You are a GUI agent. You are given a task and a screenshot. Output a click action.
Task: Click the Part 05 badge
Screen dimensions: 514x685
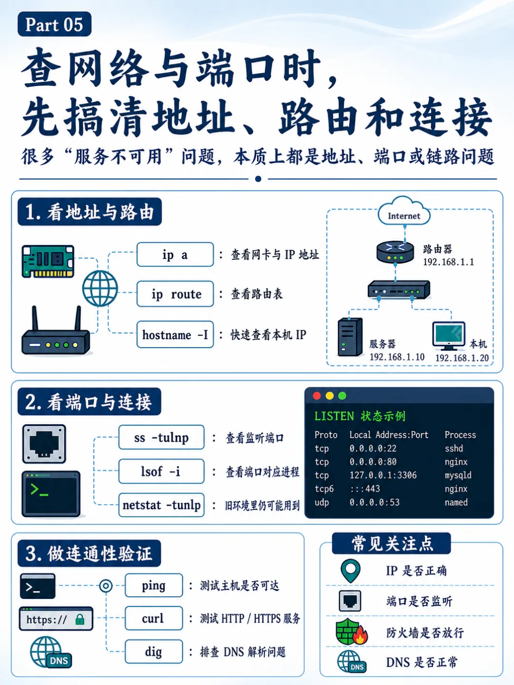tap(54, 24)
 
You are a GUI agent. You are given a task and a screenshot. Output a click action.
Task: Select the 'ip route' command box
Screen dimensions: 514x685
tap(175, 294)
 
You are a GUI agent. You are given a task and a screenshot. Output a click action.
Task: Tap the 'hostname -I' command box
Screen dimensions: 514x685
tap(175, 334)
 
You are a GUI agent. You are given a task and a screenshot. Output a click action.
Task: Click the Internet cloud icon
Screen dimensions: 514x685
tap(404, 211)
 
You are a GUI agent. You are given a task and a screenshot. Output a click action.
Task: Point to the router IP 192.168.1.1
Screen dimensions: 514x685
tap(448, 262)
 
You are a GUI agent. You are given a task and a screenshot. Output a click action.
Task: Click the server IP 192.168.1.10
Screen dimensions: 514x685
tap(397, 357)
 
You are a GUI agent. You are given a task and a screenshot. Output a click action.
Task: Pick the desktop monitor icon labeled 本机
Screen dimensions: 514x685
tap(449, 336)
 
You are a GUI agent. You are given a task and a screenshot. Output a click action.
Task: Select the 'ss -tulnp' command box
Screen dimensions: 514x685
tap(161, 437)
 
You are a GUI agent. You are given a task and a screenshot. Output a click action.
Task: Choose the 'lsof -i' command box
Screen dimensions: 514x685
tap(161, 471)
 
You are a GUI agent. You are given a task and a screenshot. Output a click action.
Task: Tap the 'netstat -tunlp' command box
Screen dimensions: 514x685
tap(161, 505)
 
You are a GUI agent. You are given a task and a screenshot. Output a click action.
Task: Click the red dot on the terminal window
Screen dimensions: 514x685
tap(317, 396)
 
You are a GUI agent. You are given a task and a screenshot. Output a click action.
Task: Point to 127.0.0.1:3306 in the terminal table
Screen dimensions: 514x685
tap(383, 475)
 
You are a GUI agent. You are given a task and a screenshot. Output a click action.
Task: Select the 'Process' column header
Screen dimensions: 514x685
tap(460, 435)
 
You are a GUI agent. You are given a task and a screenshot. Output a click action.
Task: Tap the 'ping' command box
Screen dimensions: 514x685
tap(154, 585)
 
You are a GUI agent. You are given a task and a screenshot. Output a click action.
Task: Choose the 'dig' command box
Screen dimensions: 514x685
tap(154, 651)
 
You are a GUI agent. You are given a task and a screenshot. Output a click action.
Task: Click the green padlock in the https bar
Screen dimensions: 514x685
tap(80, 619)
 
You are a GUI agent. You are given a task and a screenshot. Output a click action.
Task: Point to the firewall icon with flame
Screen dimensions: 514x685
tap(352, 632)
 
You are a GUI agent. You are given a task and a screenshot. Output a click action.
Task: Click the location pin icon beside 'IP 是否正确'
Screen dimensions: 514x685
tap(350, 571)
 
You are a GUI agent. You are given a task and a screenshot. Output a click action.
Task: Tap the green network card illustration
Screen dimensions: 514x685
tap(48, 261)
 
